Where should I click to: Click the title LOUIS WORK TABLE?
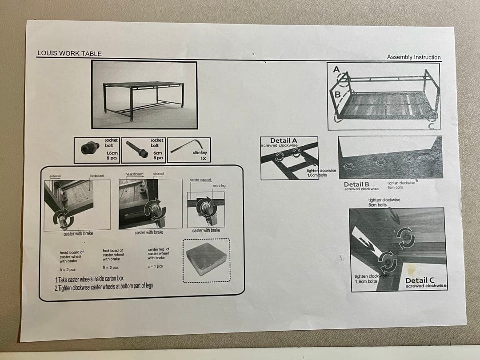[69, 53]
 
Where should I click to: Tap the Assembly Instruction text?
[413, 57]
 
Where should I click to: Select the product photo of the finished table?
[144, 95]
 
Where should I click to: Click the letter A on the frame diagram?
[336, 69]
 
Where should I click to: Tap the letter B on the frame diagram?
[338, 94]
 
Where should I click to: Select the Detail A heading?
[284, 140]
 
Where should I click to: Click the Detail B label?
[356, 184]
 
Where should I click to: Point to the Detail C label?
[420, 280]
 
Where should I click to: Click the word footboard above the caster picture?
[96, 176]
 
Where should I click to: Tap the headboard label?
[134, 174]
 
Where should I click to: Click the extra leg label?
[220, 185]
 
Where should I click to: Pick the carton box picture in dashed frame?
[206, 260]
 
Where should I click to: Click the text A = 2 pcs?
[67, 269]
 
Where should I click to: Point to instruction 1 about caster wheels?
[89, 279]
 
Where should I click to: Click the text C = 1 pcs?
[156, 266]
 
